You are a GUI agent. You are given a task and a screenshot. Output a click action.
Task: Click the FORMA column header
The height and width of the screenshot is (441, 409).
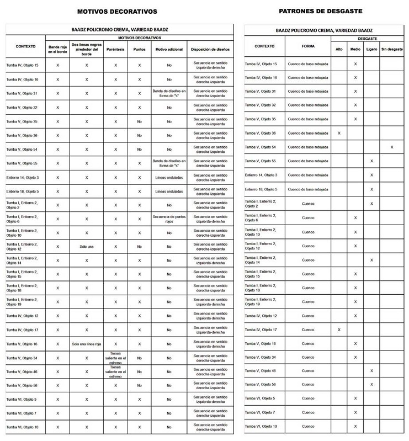click(308, 46)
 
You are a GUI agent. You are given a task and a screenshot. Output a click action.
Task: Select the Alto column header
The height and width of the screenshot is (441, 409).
click(339, 50)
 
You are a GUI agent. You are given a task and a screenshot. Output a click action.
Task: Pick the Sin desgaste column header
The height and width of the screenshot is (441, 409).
click(391, 50)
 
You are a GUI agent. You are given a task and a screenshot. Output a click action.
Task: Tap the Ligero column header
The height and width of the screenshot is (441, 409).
click(372, 50)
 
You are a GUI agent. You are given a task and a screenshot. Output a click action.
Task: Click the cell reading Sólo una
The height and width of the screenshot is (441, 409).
click(86, 246)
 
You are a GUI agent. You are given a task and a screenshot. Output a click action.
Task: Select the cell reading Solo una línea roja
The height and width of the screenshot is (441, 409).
click(86, 343)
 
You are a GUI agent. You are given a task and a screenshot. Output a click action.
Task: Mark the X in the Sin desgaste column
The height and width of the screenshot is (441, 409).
click(391, 147)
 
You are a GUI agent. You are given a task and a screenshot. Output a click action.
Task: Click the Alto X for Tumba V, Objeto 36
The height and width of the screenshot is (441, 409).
click(339, 133)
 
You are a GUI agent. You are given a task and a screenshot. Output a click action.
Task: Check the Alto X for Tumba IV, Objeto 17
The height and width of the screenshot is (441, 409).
click(339, 330)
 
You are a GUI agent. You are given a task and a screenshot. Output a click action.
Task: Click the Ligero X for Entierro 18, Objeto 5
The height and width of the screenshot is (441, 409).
click(372, 189)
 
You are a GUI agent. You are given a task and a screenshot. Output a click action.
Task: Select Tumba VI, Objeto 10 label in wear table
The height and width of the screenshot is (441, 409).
click(262, 427)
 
